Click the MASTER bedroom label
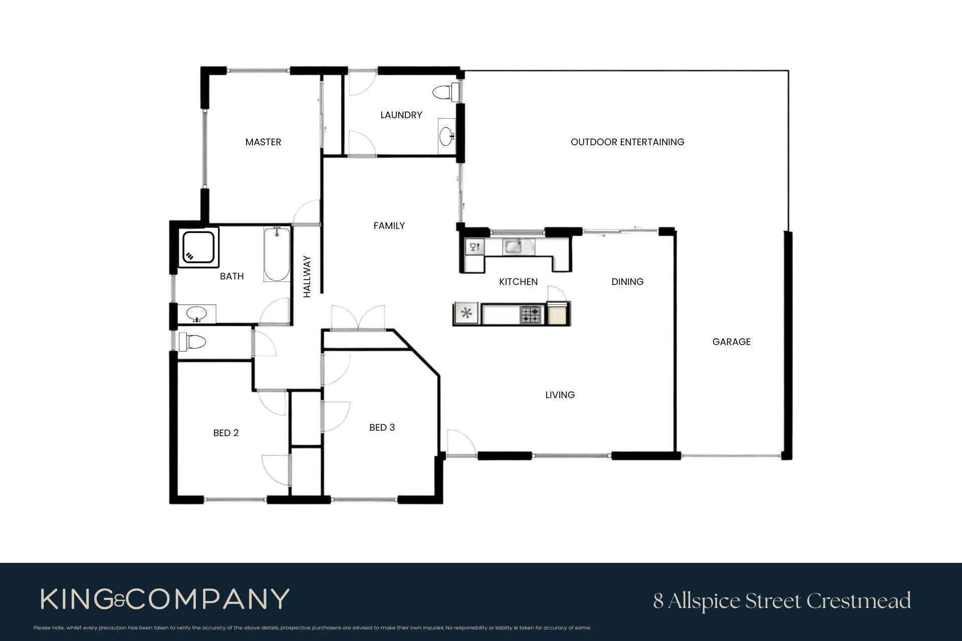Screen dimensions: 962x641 [263, 142]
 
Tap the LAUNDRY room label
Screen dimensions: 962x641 [401, 115]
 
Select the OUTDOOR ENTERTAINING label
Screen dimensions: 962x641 [627, 142]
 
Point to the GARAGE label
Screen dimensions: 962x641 [731, 342]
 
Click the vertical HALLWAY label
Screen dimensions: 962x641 [307, 276]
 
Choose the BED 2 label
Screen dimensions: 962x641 [226, 433]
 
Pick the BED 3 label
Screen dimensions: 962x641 [382, 428]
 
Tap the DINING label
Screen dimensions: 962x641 [627, 282]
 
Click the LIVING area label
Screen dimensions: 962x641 [560, 395]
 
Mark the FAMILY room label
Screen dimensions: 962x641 [389, 226]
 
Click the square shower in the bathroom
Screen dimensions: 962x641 [199, 247]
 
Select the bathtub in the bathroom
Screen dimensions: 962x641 [277, 254]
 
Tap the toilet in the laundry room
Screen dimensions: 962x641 [446, 92]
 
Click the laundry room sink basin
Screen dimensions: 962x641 [445, 136]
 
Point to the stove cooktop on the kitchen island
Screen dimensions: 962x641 [531, 314]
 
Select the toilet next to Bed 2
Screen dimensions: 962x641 [192, 342]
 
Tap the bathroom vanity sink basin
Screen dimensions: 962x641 [196, 314]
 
